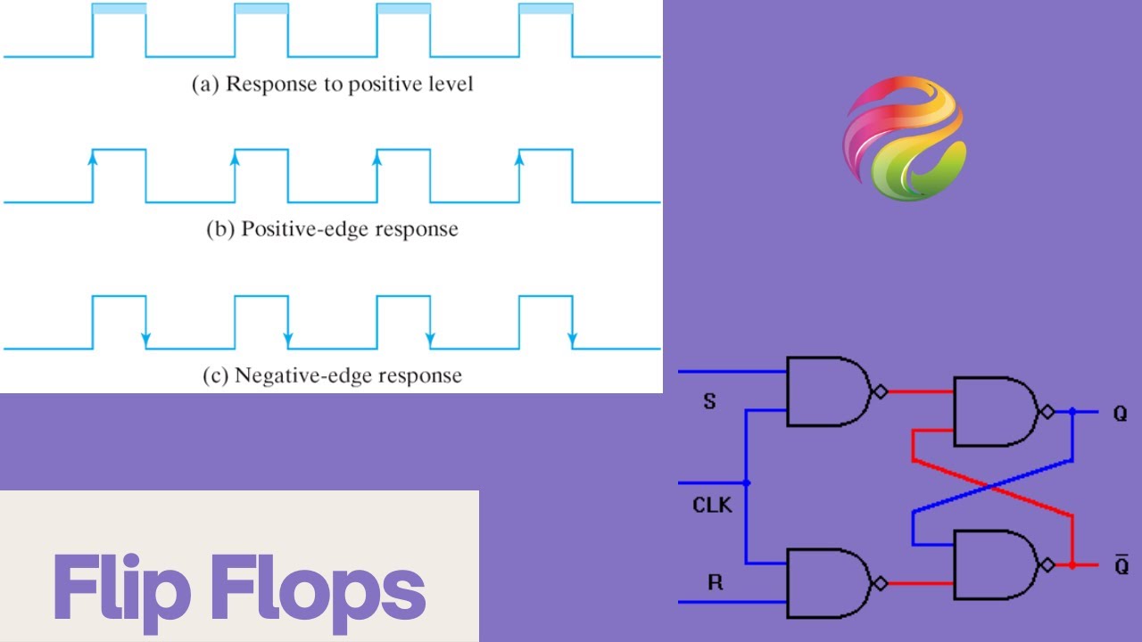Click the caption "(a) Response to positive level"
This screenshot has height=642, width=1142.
coord(333,85)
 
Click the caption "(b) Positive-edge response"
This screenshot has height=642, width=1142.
coord(333,229)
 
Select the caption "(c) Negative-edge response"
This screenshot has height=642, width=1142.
coord(333,375)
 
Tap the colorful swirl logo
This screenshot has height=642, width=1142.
coord(904,138)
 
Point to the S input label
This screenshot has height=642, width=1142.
coord(710,402)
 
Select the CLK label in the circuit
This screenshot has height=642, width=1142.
coord(712,506)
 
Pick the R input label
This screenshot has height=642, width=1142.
coord(715,584)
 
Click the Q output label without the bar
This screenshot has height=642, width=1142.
coord(1120,414)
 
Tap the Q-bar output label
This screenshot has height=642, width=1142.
coord(1121,565)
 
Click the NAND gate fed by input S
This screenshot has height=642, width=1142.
coord(828,391)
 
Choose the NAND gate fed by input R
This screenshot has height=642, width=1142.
coord(828,583)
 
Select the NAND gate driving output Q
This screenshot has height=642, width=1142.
coord(995,411)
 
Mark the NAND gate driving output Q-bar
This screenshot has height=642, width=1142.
coord(995,565)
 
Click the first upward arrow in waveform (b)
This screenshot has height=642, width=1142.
coord(92,159)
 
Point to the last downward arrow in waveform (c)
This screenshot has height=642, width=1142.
coord(572,340)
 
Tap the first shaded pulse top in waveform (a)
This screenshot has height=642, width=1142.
coord(119,9)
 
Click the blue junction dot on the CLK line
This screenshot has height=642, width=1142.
coord(747,483)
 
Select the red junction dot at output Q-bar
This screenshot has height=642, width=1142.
coord(1072,565)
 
